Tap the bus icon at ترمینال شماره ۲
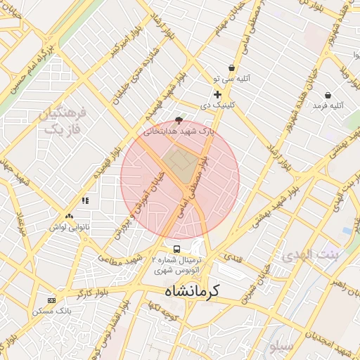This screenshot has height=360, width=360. tap(176, 249)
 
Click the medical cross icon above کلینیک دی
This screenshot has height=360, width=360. tap(217, 94)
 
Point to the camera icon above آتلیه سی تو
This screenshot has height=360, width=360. tap(232, 67)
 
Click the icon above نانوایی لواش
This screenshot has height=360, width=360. tap(69, 217)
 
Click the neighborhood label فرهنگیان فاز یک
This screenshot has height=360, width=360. tap(63, 121)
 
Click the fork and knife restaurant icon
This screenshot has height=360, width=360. tap(85, 200)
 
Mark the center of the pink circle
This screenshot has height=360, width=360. tap(180, 180)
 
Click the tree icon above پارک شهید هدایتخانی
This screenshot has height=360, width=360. tap(178, 120)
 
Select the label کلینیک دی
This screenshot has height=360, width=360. tap(217, 105)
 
